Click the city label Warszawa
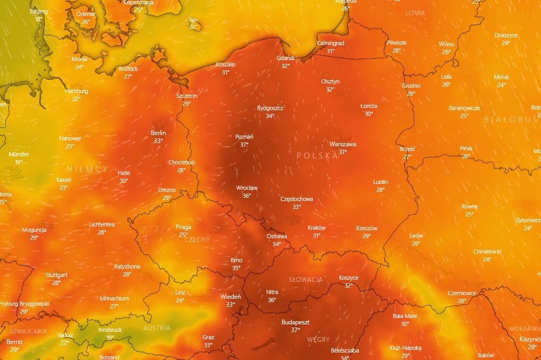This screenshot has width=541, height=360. pyautogui.click(x=343, y=144)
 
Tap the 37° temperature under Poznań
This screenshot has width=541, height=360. pyautogui.click(x=244, y=145)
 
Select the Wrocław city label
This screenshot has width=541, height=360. pyautogui.click(x=247, y=188)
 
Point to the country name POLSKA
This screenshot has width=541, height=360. pyautogui.click(x=317, y=155)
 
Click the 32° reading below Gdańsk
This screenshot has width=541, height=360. pyautogui.click(x=286, y=66)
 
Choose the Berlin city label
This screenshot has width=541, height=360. pyautogui.click(x=159, y=133)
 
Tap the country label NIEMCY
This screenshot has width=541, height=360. pyautogui.click(x=87, y=169)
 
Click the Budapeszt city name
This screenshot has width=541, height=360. pyautogui.click(x=295, y=322)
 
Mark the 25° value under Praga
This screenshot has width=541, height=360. pyautogui.click(x=183, y=235)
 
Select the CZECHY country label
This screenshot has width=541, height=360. pyautogui.click(x=197, y=240)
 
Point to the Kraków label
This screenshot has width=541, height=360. pyautogui.click(x=317, y=228)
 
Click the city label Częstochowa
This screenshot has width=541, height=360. pyautogui.click(x=296, y=199)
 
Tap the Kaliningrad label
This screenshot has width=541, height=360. pyautogui.click(x=330, y=43)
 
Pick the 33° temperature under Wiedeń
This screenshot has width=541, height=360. pyautogui.click(x=230, y=305)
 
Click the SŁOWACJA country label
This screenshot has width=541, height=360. pyautogui.click(x=305, y=279)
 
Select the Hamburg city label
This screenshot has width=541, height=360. pyautogui.click(x=77, y=91)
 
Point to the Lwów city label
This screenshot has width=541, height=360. pyautogui.click(x=416, y=236)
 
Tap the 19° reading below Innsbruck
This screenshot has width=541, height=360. pyautogui.click(x=110, y=337)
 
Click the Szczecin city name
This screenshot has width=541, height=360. pyautogui.click(x=187, y=96)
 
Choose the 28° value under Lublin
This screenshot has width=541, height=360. pyautogui.click(x=380, y=190)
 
